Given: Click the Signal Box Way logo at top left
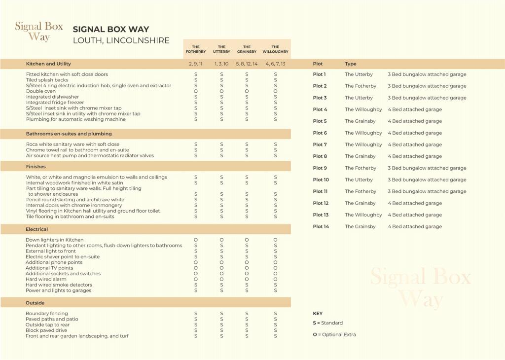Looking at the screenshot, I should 39,32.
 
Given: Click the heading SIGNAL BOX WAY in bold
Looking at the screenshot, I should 110,30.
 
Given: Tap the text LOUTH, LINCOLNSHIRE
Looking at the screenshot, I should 121,40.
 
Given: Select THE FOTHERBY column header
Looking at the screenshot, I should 196,49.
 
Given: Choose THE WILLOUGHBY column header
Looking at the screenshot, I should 275,49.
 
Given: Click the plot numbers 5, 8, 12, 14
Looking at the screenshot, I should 247,64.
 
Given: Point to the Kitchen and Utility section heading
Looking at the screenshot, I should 48,64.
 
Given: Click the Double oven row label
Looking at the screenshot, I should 41,91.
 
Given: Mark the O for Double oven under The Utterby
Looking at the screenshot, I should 221,91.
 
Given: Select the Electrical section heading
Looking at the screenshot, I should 37,229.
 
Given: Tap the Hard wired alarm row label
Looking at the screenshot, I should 46,279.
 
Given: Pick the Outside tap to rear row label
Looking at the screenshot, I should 47,324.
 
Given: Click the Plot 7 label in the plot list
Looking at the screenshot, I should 320,144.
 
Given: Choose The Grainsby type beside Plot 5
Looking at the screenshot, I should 360,121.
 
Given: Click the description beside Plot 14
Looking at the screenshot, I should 414,227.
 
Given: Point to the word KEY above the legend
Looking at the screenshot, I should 318,314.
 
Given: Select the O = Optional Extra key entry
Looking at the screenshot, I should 334,335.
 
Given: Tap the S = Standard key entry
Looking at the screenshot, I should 327,323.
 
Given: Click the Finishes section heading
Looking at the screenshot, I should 36,167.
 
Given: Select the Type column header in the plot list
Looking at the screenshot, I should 350,64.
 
